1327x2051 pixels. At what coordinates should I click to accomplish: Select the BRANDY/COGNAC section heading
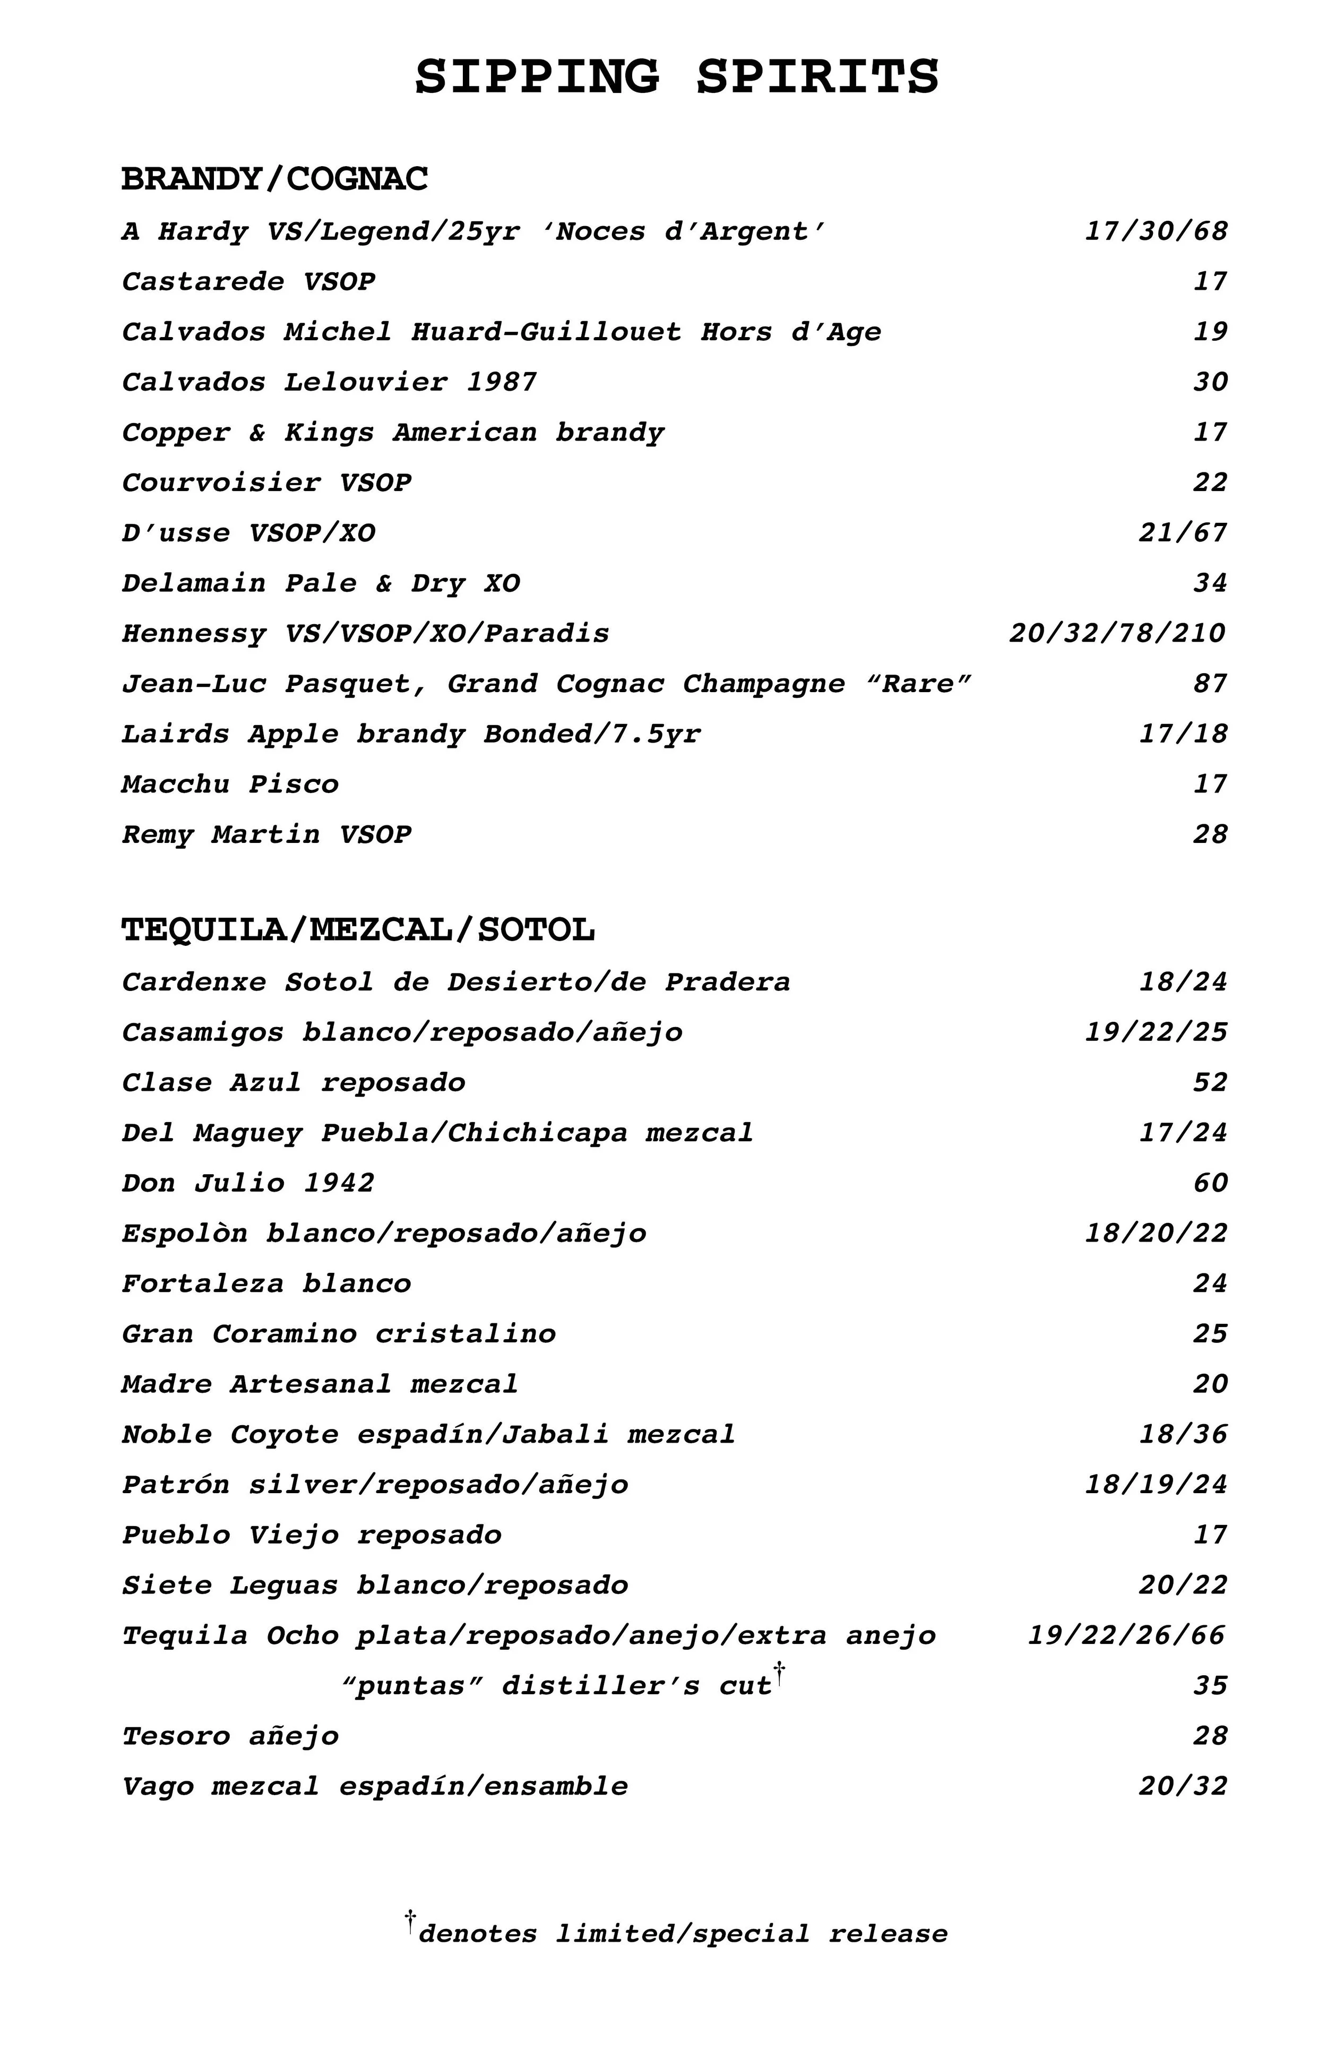[275, 179]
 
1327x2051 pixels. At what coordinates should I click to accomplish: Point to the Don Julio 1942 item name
[248, 1182]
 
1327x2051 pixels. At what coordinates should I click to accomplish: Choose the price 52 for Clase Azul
[1210, 1082]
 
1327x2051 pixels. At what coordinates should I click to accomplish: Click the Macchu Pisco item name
[230, 784]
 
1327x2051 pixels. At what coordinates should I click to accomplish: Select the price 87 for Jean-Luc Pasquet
[1210, 683]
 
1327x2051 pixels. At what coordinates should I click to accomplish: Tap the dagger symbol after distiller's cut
[779, 1674]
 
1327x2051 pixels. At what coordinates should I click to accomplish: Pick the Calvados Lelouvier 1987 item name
[329, 382]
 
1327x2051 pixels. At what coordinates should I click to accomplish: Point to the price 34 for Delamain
[1210, 583]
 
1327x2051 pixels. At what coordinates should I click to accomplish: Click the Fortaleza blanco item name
[266, 1283]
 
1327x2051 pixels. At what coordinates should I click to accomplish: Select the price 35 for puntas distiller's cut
[1210, 1686]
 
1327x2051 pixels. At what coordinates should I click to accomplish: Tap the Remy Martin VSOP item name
[266, 834]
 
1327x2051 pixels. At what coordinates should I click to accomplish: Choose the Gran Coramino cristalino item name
[339, 1334]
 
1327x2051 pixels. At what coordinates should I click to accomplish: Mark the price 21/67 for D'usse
[1182, 532]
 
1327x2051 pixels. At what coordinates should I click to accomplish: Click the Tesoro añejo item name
[230, 1736]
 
